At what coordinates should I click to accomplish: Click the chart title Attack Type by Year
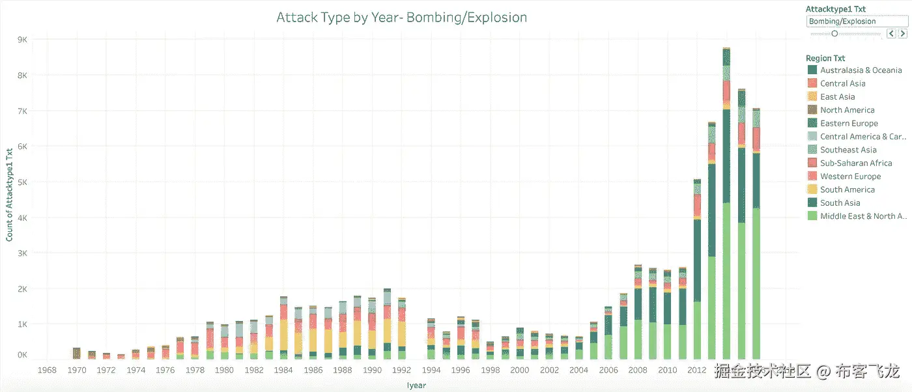coord(401,18)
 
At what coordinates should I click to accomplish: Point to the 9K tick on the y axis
coord(22,40)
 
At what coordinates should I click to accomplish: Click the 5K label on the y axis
coord(22,182)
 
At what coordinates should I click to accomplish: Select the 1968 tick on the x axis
coord(47,371)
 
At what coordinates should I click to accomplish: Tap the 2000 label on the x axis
coord(520,371)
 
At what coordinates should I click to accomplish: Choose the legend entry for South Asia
coord(840,203)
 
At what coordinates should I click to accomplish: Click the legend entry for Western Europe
coord(850,176)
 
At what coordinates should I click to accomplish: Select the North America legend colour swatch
coord(812,110)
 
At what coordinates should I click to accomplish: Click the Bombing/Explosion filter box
coord(847,21)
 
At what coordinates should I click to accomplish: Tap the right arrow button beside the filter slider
coord(903,33)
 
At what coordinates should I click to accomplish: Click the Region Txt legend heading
coord(825,59)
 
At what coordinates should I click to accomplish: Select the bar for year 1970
coord(77,354)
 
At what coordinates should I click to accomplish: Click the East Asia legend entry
coord(837,97)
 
